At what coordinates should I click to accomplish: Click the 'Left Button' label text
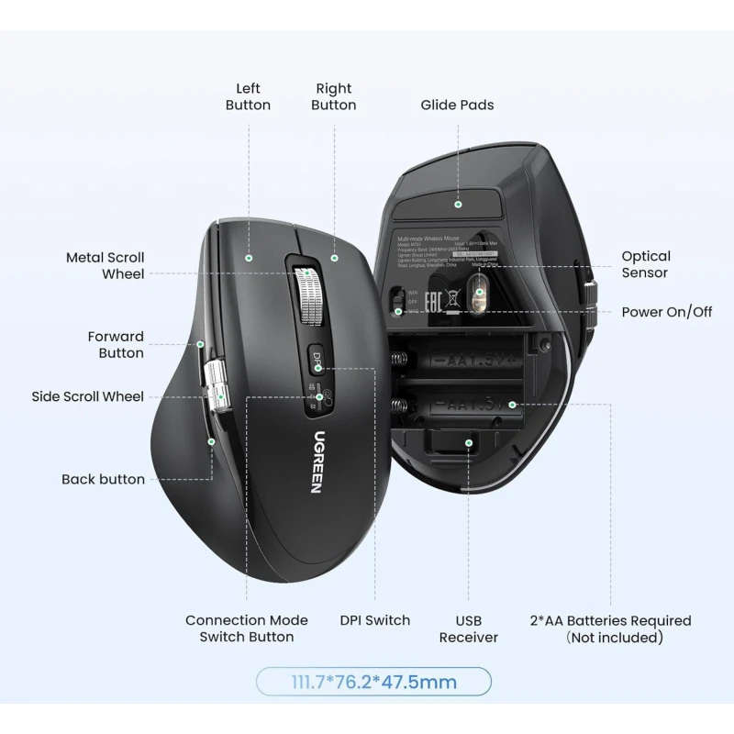248,96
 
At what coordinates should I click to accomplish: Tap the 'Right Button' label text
333,96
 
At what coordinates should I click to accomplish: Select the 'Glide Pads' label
457,105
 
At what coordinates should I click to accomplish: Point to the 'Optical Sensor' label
646,264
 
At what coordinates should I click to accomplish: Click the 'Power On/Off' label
667,312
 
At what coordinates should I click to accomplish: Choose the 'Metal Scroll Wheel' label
105,265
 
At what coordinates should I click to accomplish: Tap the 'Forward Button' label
116,344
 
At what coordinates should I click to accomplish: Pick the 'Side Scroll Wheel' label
87,396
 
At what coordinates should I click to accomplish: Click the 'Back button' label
103,479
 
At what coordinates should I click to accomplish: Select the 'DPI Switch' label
374,620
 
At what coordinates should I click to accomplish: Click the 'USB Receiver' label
468,628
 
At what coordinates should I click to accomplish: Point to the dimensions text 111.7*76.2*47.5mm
373,682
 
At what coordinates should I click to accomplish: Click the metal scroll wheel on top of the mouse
309,295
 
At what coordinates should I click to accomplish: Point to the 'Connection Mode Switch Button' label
247,628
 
